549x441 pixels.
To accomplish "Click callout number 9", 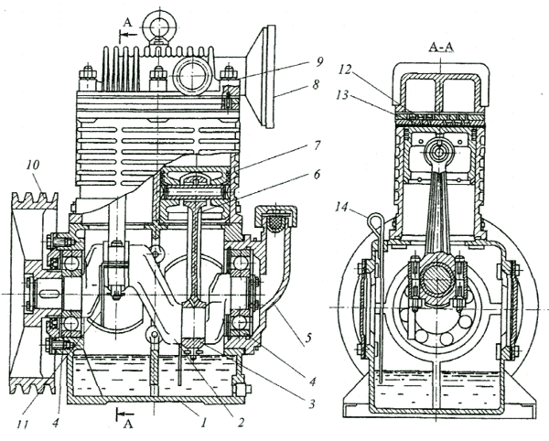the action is point(318,63).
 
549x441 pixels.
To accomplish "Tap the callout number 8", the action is point(316,84).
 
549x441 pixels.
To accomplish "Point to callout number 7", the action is point(316,145).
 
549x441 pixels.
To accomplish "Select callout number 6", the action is point(317,175).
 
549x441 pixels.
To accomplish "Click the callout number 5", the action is point(307,339).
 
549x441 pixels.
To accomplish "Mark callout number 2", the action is point(240,423).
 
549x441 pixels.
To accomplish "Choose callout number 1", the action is point(204,423).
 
